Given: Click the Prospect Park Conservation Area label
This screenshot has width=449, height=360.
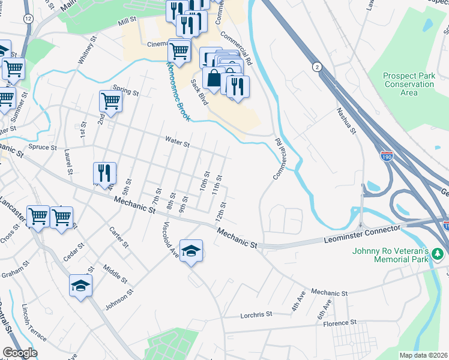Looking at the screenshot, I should click(409, 84).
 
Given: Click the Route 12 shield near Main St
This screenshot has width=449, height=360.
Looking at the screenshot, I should click(28, 19).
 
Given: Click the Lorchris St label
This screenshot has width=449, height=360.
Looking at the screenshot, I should click(256, 314).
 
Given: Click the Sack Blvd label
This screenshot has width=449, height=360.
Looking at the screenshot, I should click(199, 92).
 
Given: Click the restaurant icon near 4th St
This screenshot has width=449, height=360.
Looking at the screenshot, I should click(105, 173).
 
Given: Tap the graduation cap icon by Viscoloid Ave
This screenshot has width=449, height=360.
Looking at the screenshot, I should click(191, 250).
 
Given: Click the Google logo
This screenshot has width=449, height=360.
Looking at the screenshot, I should click(20, 353).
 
